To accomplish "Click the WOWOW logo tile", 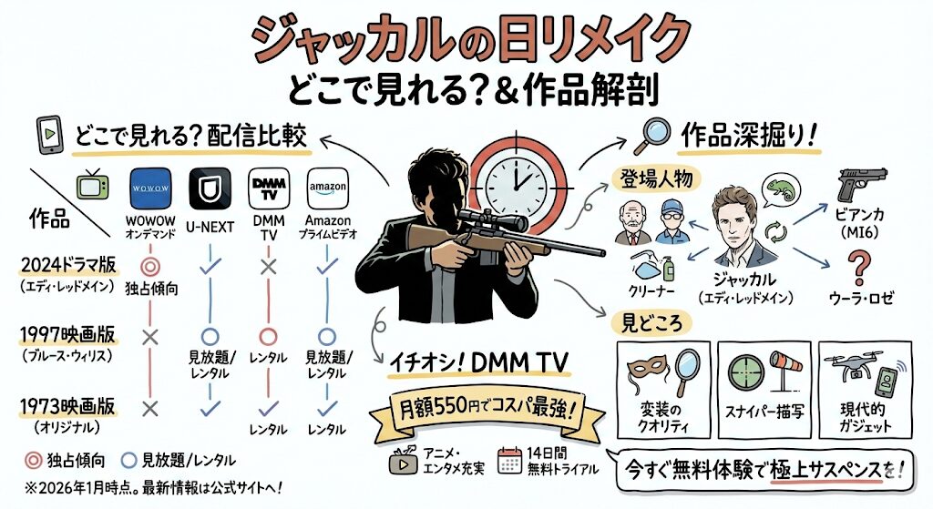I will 151,190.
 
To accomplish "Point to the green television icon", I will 91,186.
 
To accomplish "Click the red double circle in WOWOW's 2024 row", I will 151,267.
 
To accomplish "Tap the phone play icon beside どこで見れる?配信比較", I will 46,135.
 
